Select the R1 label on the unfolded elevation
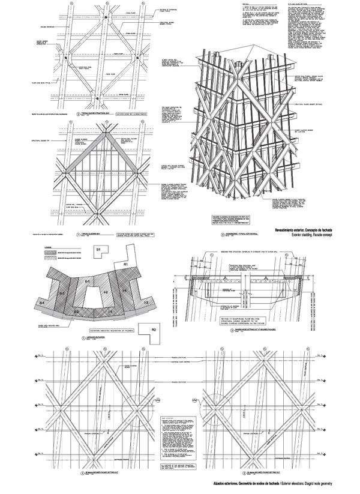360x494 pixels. pos(125,264)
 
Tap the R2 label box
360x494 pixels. pos(154,329)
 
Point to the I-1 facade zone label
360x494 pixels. pos(87,282)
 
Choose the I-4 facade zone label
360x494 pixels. pos(124,291)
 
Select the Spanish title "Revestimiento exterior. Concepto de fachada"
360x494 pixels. pos(307,231)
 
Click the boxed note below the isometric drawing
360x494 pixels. pos(223,214)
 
